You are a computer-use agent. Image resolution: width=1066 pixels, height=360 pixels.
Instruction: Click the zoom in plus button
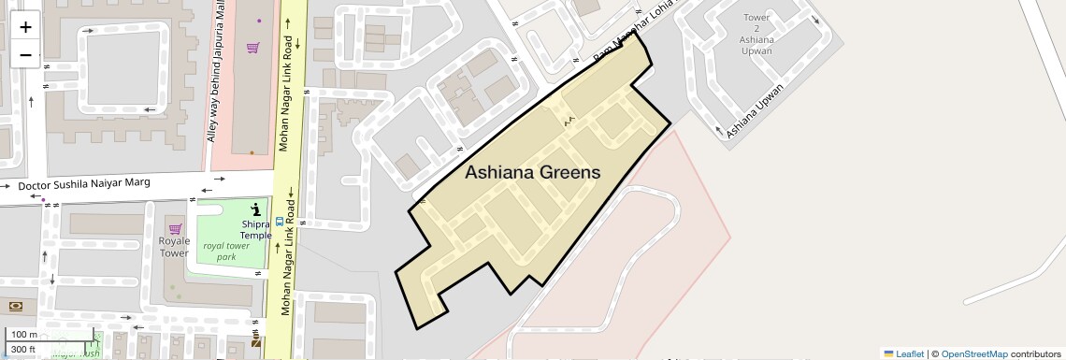(25, 26)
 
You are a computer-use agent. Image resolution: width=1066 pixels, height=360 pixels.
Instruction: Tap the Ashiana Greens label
(532, 173)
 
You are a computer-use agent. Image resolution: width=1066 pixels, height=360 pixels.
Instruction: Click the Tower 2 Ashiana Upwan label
(756, 35)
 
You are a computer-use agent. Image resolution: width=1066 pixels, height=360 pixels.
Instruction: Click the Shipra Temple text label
(255, 229)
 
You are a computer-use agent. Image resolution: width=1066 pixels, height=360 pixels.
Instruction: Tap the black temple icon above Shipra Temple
(256, 209)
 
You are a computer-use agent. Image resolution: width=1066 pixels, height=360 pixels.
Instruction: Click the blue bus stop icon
(279, 223)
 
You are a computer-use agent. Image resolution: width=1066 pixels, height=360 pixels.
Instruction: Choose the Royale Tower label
(174, 247)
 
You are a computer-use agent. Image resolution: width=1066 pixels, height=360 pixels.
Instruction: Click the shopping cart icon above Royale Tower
(174, 229)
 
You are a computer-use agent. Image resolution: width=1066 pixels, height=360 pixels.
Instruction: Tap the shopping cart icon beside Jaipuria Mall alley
(252, 48)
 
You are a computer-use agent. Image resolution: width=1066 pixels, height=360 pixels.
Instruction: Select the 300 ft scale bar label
(23, 350)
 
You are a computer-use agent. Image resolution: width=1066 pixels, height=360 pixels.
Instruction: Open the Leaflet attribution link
(903, 353)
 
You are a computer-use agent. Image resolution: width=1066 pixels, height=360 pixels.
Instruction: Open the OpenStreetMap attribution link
(973, 353)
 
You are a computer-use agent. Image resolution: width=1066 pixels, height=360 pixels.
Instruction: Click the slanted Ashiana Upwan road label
(755, 110)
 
